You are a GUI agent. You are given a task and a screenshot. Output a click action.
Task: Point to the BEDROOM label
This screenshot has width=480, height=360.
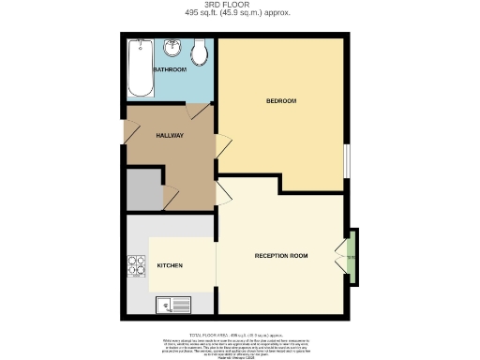click(281, 100)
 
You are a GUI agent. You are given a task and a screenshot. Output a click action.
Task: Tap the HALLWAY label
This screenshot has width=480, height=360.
click(170, 136)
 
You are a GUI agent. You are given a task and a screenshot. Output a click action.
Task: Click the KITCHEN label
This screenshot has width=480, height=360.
click(170, 266)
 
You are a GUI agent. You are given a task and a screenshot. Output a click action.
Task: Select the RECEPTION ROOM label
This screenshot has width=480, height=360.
click(281, 256)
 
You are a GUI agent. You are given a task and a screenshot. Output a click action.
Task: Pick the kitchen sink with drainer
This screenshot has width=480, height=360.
click(174, 303)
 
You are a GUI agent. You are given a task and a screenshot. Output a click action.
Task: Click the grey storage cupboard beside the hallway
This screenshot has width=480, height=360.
click(143, 190)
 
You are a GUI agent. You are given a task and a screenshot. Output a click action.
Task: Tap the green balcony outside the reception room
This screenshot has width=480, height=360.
click(351, 256)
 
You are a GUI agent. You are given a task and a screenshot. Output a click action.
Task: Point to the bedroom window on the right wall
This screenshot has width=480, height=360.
click(347, 159)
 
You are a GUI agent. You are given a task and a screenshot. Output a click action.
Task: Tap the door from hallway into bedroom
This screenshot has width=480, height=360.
click(222, 146)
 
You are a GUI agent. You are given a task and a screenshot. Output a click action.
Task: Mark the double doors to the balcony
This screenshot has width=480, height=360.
click(339, 256)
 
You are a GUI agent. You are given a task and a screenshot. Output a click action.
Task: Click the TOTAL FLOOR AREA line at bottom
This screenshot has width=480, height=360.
click(240, 334)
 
